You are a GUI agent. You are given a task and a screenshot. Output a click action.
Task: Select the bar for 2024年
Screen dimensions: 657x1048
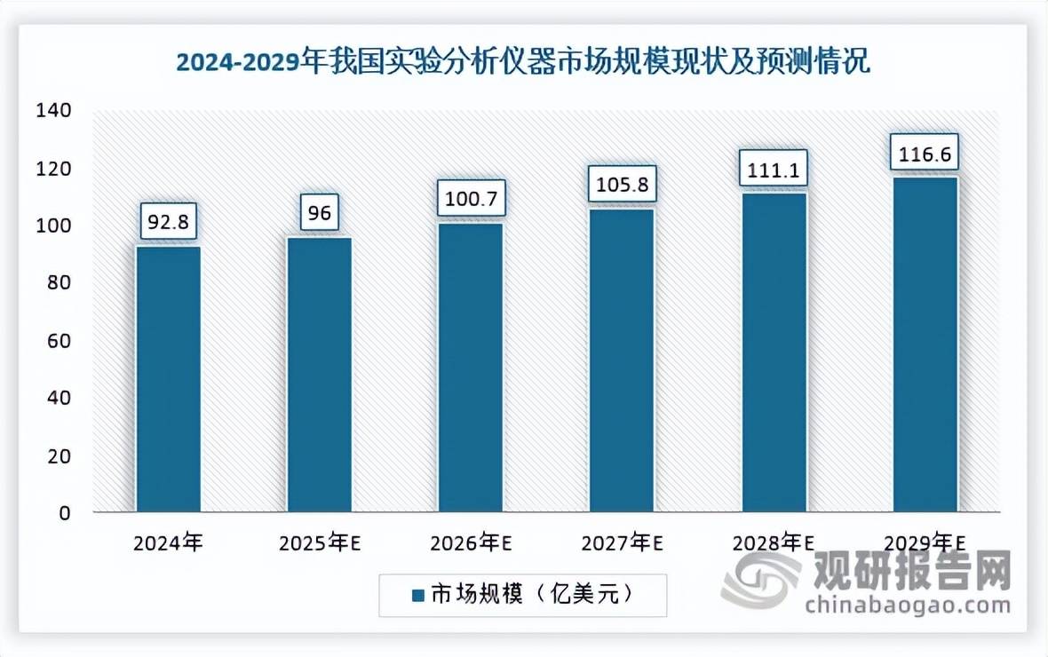[x=168, y=379]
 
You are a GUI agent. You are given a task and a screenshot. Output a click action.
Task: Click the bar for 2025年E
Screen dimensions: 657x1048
[x=319, y=375]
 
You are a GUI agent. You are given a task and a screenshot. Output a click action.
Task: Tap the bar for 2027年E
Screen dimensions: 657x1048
[x=622, y=360]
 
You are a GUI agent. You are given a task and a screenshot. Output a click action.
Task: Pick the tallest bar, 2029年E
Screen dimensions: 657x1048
[x=925, y=344]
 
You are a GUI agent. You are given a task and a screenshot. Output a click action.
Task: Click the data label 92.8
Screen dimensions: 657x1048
[x=168, y=221]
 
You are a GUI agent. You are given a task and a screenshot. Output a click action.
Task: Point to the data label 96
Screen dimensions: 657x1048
[x=319, y=212]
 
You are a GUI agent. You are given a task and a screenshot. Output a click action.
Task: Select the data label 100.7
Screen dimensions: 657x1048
[x=471, y=198]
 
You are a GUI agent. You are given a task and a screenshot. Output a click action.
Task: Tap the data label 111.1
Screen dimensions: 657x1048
[x=774, y=168]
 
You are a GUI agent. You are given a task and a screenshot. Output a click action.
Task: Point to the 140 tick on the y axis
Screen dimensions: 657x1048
[x=53, y=111]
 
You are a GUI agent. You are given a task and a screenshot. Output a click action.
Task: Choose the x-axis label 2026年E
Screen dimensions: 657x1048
[x=471, y=543]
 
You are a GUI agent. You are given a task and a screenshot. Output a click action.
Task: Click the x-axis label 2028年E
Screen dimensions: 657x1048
[x=774, y=543]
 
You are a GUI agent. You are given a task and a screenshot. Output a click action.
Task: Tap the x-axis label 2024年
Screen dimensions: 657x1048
[x=168, y=543]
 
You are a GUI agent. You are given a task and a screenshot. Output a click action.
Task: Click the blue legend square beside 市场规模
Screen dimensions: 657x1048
[x=417, y=595]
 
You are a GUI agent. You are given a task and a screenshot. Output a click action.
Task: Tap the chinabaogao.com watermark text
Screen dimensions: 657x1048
[x=908, y=606]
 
